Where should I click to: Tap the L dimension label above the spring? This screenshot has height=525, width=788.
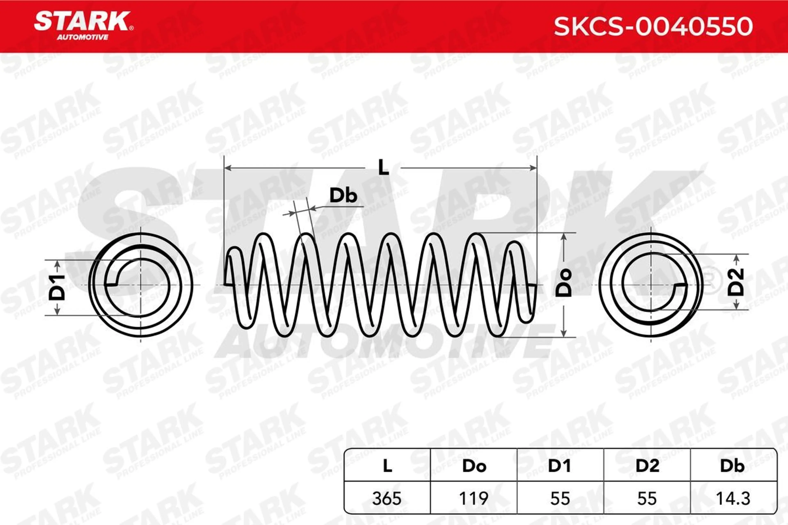click(383, 167)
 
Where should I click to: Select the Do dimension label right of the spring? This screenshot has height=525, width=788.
click(564, 283)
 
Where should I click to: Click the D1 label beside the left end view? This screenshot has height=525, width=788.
click(57, 287)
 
